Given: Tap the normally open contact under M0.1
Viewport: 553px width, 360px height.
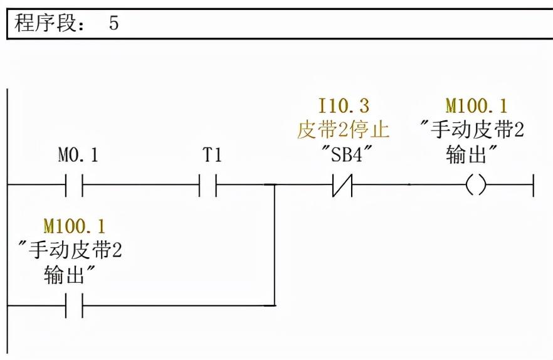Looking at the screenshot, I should [x=74, y=185].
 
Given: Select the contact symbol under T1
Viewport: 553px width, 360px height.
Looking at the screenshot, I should [x=208, y=185].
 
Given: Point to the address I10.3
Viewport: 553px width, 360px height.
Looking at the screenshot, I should [x=343, y=105].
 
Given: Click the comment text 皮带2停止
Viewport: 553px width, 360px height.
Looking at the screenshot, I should [x=343, y=130].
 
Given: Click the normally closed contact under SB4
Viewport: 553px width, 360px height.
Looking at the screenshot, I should [x=343, y=185].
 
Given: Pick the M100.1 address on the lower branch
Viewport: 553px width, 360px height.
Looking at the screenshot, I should [x=74, y=225].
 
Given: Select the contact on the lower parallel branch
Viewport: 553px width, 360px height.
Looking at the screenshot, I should [x=74, y=305].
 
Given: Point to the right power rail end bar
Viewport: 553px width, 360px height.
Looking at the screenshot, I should [x=534, y=185].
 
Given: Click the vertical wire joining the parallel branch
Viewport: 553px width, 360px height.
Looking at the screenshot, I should [x=275, y=245].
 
